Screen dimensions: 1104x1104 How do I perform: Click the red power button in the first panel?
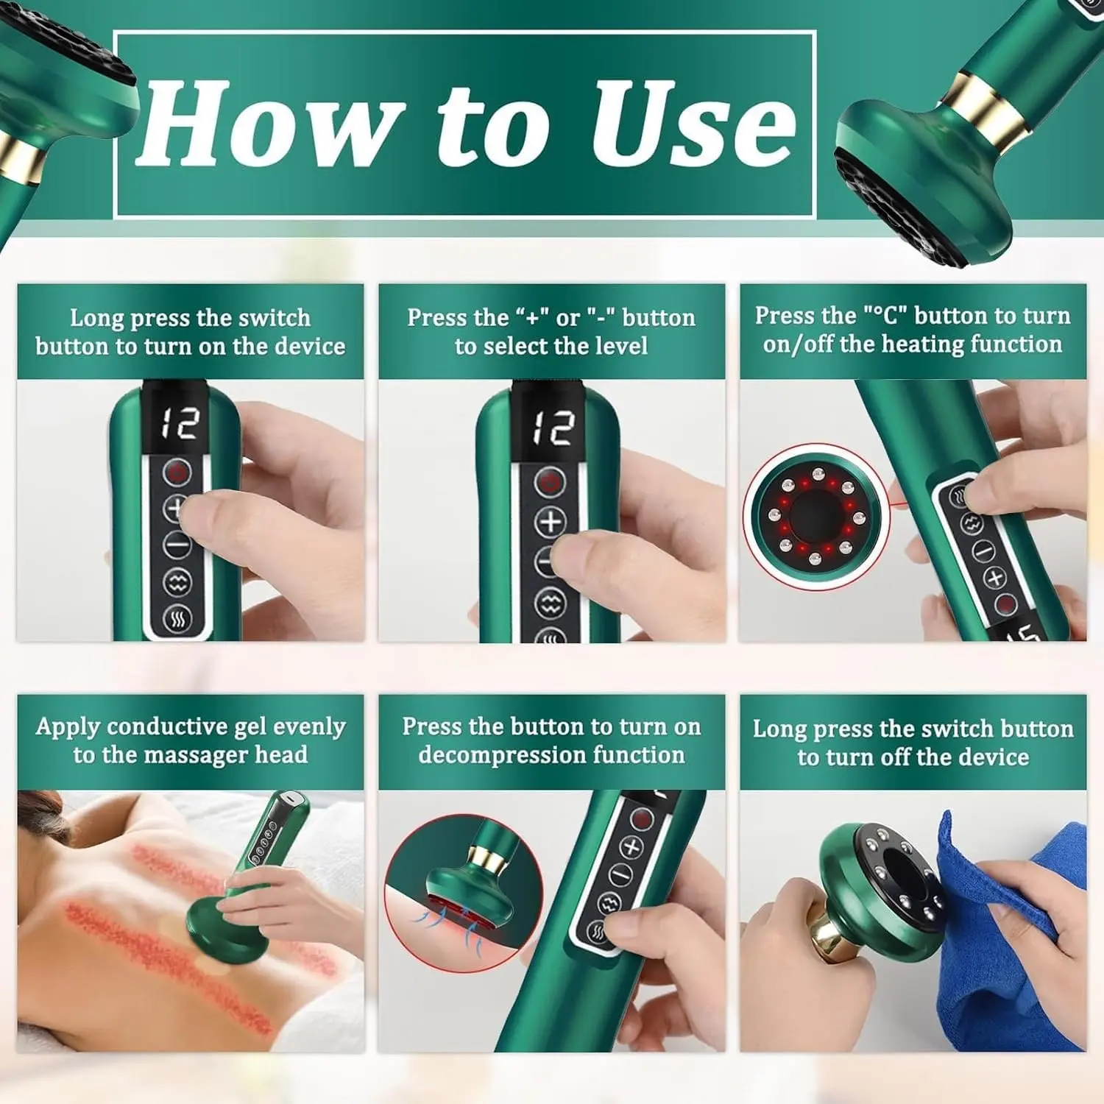tap(177, 473)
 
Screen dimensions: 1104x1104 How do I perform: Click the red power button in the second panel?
tap(551, 482)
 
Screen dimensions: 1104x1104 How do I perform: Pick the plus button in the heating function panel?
tap(995, 578)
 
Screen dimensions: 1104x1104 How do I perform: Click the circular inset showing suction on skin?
tap(464, 892)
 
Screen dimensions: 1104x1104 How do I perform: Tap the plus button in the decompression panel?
tap(631, 847)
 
